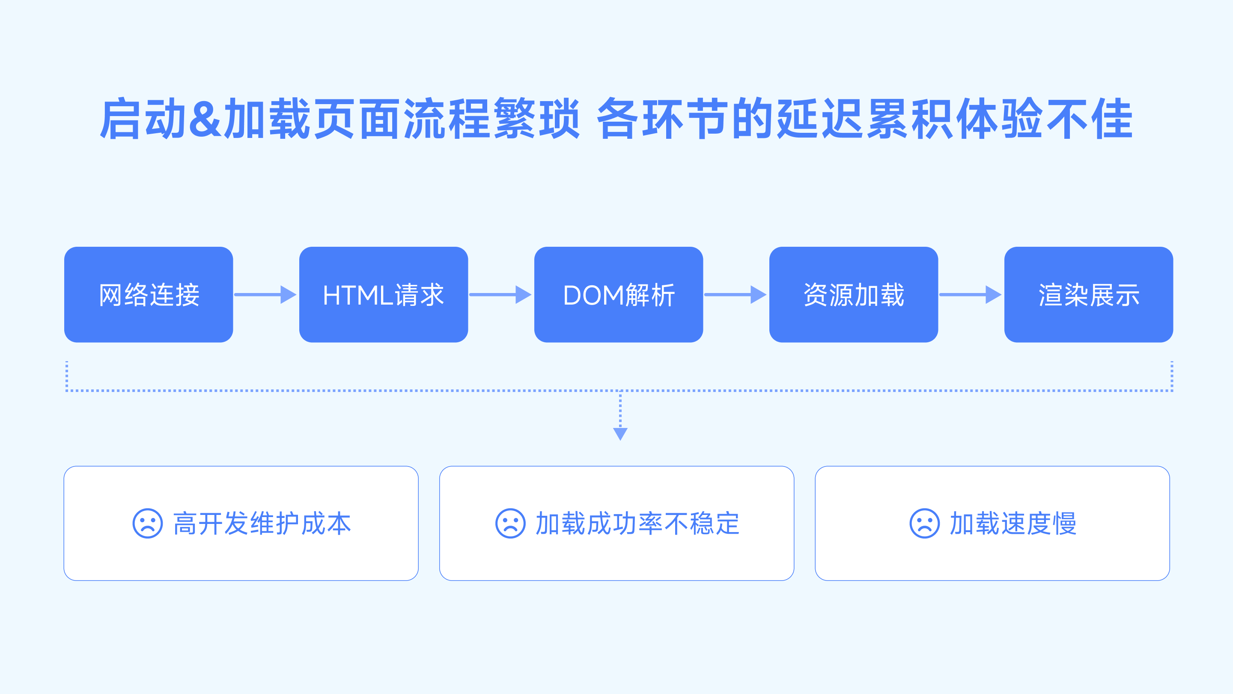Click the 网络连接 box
tap(149, 295)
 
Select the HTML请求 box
tap(384, 295)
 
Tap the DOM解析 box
tap(618, 295)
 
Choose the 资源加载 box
tap(853, 295)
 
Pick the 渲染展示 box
tap(1088, 295)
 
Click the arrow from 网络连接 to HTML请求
tap(265, 295)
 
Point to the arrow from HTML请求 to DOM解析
tap(500, 295)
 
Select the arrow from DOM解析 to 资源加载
tap(735, 295)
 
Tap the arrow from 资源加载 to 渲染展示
tap(970, 295)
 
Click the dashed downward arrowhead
tap(620, 434)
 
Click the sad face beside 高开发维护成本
tap(147, 523)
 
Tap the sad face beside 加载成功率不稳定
tap(510, 523)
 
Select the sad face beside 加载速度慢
tap(924, 523)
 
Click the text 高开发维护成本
tap(262, 523)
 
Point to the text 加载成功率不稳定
tap(637, 523)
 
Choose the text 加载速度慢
tap(1013, 523)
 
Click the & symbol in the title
tap(205, 118)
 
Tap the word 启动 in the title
tap(143, 118)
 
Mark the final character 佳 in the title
tap(1111, 118)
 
